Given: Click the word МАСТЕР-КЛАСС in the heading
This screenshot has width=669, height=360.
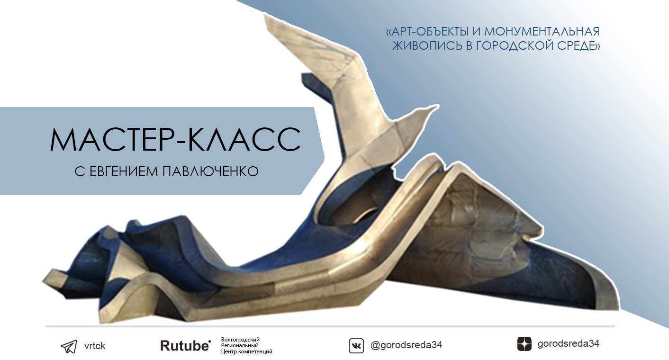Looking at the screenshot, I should click(x=175, y=138).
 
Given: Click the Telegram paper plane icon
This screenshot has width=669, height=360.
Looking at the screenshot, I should click(x=69, y=346).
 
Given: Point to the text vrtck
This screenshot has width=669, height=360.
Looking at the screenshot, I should click(x=94, y=346).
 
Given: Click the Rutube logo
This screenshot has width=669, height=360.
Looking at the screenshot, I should click(x=185, y=346).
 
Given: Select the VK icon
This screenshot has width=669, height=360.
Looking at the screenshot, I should click(x=356, y=346).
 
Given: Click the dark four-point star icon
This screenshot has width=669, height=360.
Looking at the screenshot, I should click(x=524, y=344).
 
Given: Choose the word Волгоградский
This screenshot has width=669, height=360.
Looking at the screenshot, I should click(x=240, y=340).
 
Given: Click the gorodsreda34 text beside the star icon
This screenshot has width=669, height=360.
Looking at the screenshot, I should click(x=568, y=344).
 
